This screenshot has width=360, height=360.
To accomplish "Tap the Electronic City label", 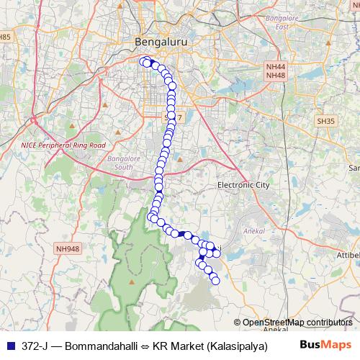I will click(x=243, y=185).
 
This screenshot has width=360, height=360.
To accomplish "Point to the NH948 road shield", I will click(x=67, y=250).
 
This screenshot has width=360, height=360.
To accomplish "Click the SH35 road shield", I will click(x=325, y=122).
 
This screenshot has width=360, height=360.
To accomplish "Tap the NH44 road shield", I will click(x=275, y=66).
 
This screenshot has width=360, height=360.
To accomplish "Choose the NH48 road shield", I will click(x=275, y=75).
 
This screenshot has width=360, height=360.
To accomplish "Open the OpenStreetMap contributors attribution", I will click(x=297, y=323).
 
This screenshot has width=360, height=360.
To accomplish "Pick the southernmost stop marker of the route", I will click(x=215, y=280).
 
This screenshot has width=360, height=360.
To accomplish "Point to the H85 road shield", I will click(x=6, y=37).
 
